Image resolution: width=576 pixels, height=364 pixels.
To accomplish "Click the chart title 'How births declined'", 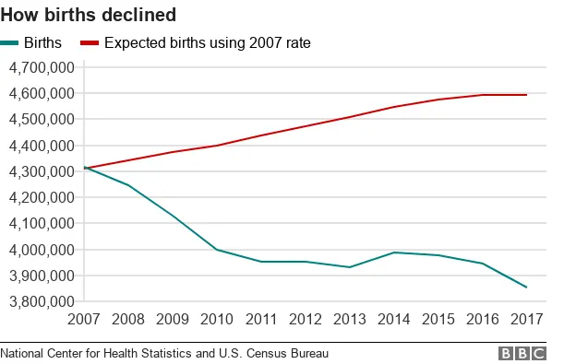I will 89,16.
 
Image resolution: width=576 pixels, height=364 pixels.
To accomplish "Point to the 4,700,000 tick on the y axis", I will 41,67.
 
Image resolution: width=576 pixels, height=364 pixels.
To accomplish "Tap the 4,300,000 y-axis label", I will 41,171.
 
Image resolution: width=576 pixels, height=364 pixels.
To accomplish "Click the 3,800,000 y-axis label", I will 41,301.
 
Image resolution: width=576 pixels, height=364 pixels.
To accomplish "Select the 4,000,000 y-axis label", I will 41,250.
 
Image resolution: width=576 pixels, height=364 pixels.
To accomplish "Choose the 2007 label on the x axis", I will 85,321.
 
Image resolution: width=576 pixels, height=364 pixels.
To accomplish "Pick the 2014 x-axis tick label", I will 394,321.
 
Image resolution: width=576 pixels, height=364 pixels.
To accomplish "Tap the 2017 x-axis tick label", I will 526,321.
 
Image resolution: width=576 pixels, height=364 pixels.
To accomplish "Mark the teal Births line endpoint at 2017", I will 526,288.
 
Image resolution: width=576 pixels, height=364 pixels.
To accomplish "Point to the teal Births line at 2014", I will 394,252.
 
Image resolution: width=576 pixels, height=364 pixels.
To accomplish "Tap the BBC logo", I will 522,354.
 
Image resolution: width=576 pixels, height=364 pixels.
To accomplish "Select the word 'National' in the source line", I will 24,353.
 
